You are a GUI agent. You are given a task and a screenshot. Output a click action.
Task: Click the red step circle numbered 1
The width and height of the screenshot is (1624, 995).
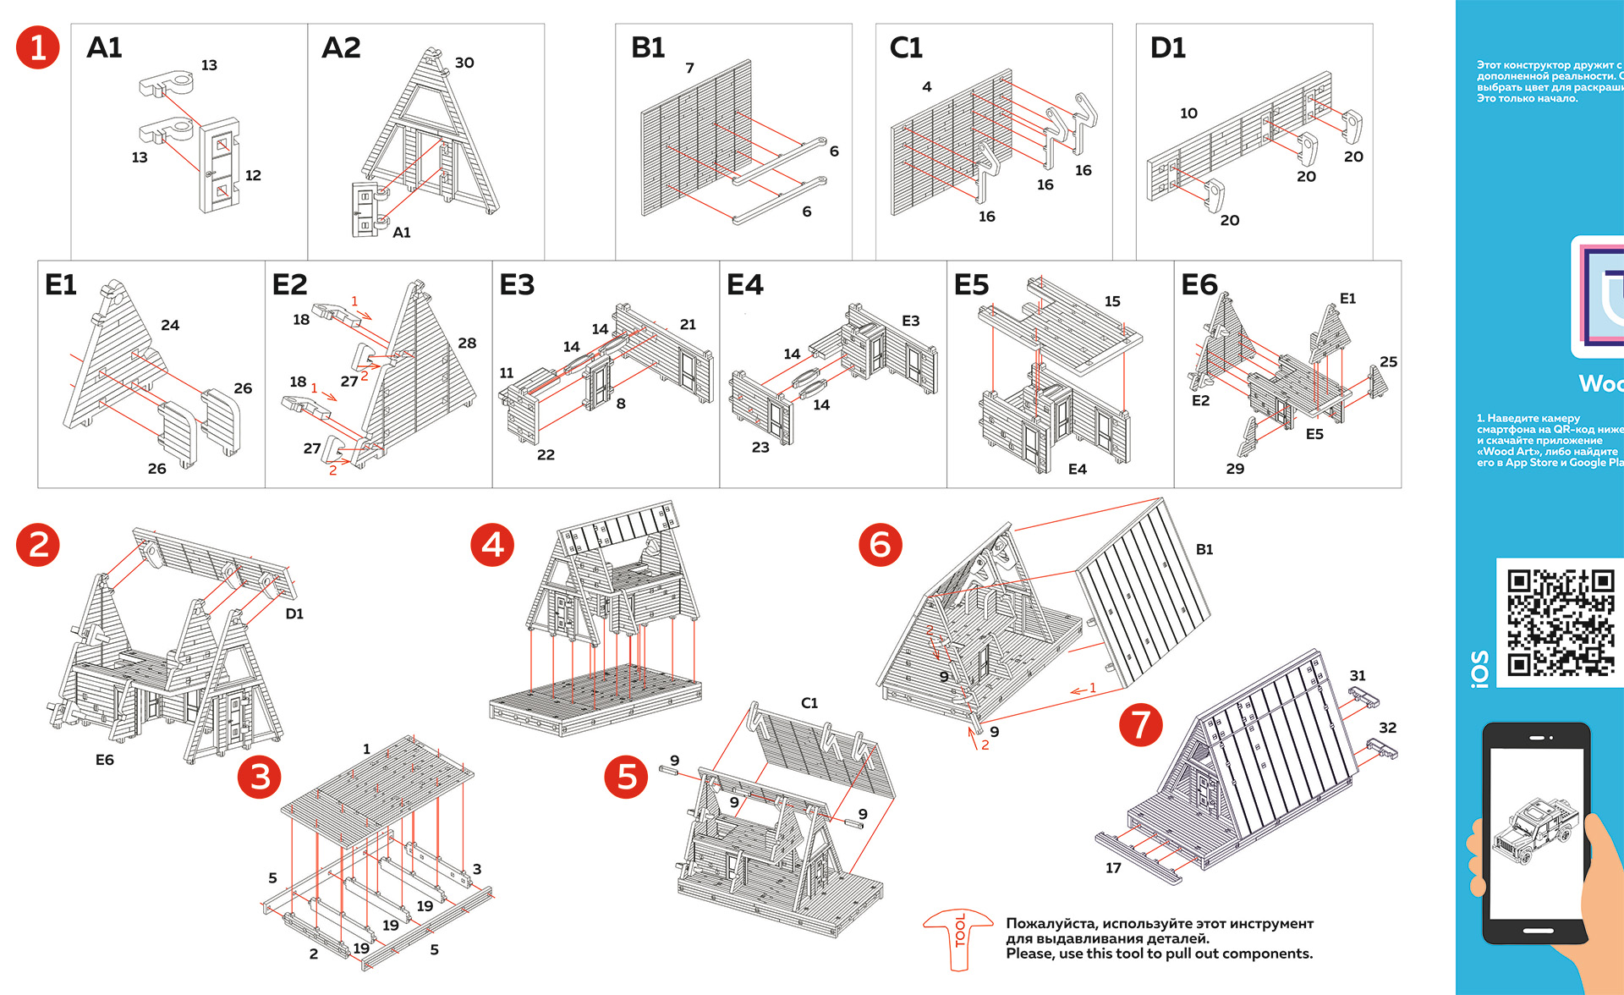click(38, 47)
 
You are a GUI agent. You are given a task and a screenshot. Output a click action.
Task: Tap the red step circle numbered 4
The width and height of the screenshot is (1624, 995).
click(492, 545)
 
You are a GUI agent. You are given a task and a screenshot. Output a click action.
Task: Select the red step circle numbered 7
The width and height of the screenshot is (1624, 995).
click(1141, 725)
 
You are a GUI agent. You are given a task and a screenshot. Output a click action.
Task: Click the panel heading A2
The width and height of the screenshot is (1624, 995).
click(341, 47)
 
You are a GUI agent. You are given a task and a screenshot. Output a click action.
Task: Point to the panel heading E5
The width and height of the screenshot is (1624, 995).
click(971, 285)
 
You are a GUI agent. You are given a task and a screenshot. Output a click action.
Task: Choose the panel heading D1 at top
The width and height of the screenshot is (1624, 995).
click(1167, 47)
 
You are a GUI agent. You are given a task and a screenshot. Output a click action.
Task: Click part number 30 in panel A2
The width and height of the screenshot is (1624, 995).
click(464, 63)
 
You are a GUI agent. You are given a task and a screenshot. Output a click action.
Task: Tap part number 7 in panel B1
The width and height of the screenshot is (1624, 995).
click(689, 68)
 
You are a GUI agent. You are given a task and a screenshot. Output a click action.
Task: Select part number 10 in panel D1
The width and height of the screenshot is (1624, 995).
click(1188, 113)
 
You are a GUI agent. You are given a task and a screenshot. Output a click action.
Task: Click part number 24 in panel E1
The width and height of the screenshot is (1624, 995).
click(170, 325)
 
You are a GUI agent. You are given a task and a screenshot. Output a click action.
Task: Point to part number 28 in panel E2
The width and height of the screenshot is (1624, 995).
click(467, 343)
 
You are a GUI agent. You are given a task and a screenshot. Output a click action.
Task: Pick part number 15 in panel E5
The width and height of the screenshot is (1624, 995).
click(1112, 301)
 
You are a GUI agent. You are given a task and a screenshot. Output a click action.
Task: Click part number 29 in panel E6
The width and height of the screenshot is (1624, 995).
click(1235, 469)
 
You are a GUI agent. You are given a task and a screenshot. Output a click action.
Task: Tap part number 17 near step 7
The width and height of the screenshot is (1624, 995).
click(1113, 867)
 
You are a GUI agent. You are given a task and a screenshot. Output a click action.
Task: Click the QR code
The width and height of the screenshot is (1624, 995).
click(1561, 623)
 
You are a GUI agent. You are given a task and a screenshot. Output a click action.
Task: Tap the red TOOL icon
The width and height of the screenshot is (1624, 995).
click(958, 938)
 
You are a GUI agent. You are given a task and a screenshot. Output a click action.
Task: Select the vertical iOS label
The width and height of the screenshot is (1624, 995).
click(1479, 668)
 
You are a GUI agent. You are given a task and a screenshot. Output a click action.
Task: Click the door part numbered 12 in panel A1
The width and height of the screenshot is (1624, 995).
click(219, 166)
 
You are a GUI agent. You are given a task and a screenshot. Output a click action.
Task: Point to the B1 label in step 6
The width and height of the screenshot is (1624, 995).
click(1204, 550)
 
